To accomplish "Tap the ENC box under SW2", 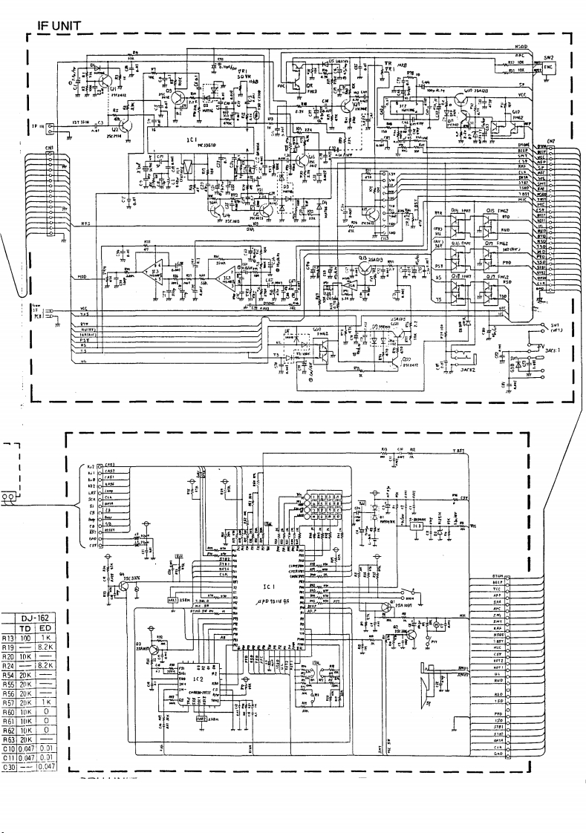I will tap(549, 67).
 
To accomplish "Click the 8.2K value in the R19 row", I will tap(46, 647).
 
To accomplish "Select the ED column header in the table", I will tap(46, 627).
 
